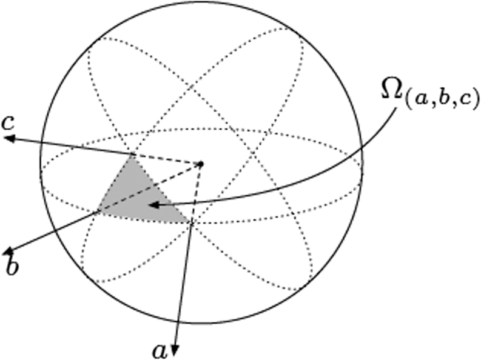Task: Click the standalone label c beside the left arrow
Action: [8, 122]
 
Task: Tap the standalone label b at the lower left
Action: [12, 265]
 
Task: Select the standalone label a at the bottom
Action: [160, 352]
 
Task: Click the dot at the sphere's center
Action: [201, 164]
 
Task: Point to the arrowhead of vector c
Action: [9, 138]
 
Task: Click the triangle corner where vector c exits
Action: [132, 155]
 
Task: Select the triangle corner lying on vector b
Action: [98, 210]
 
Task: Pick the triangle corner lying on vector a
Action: [191, 222]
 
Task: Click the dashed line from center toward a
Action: [196, 193]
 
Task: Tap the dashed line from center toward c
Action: [166, 159]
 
